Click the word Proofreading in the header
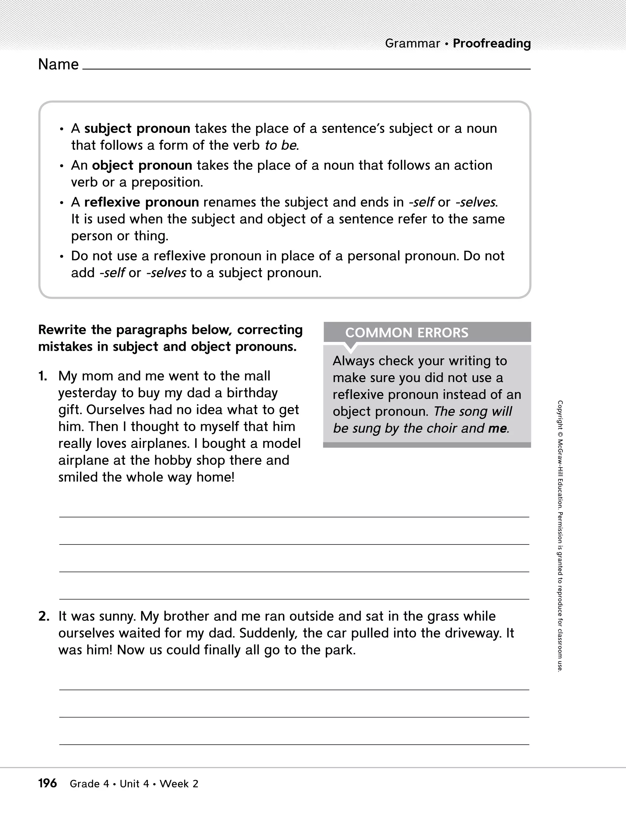[492, 44]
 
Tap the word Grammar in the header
[412, 44]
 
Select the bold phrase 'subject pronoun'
[137, 129]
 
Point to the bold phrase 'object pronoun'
[142, 166]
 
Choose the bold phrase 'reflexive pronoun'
[142, 203]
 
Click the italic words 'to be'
[281, 145]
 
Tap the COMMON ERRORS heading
[407, 333]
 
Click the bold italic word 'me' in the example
[497, 428]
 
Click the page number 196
[47, 783]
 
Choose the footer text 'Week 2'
[179, 784]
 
